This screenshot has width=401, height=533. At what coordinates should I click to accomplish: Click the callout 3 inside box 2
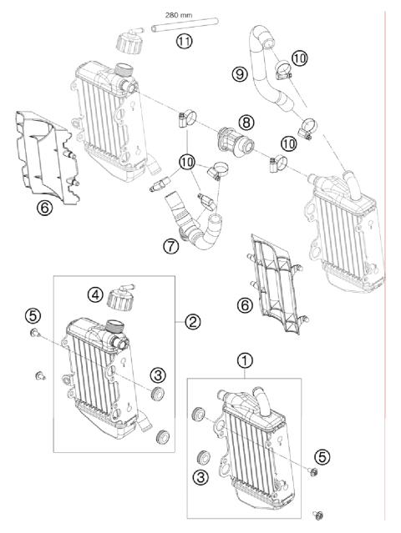tap(156, 372)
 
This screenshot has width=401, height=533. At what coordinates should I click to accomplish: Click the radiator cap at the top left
tap(130, 41)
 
